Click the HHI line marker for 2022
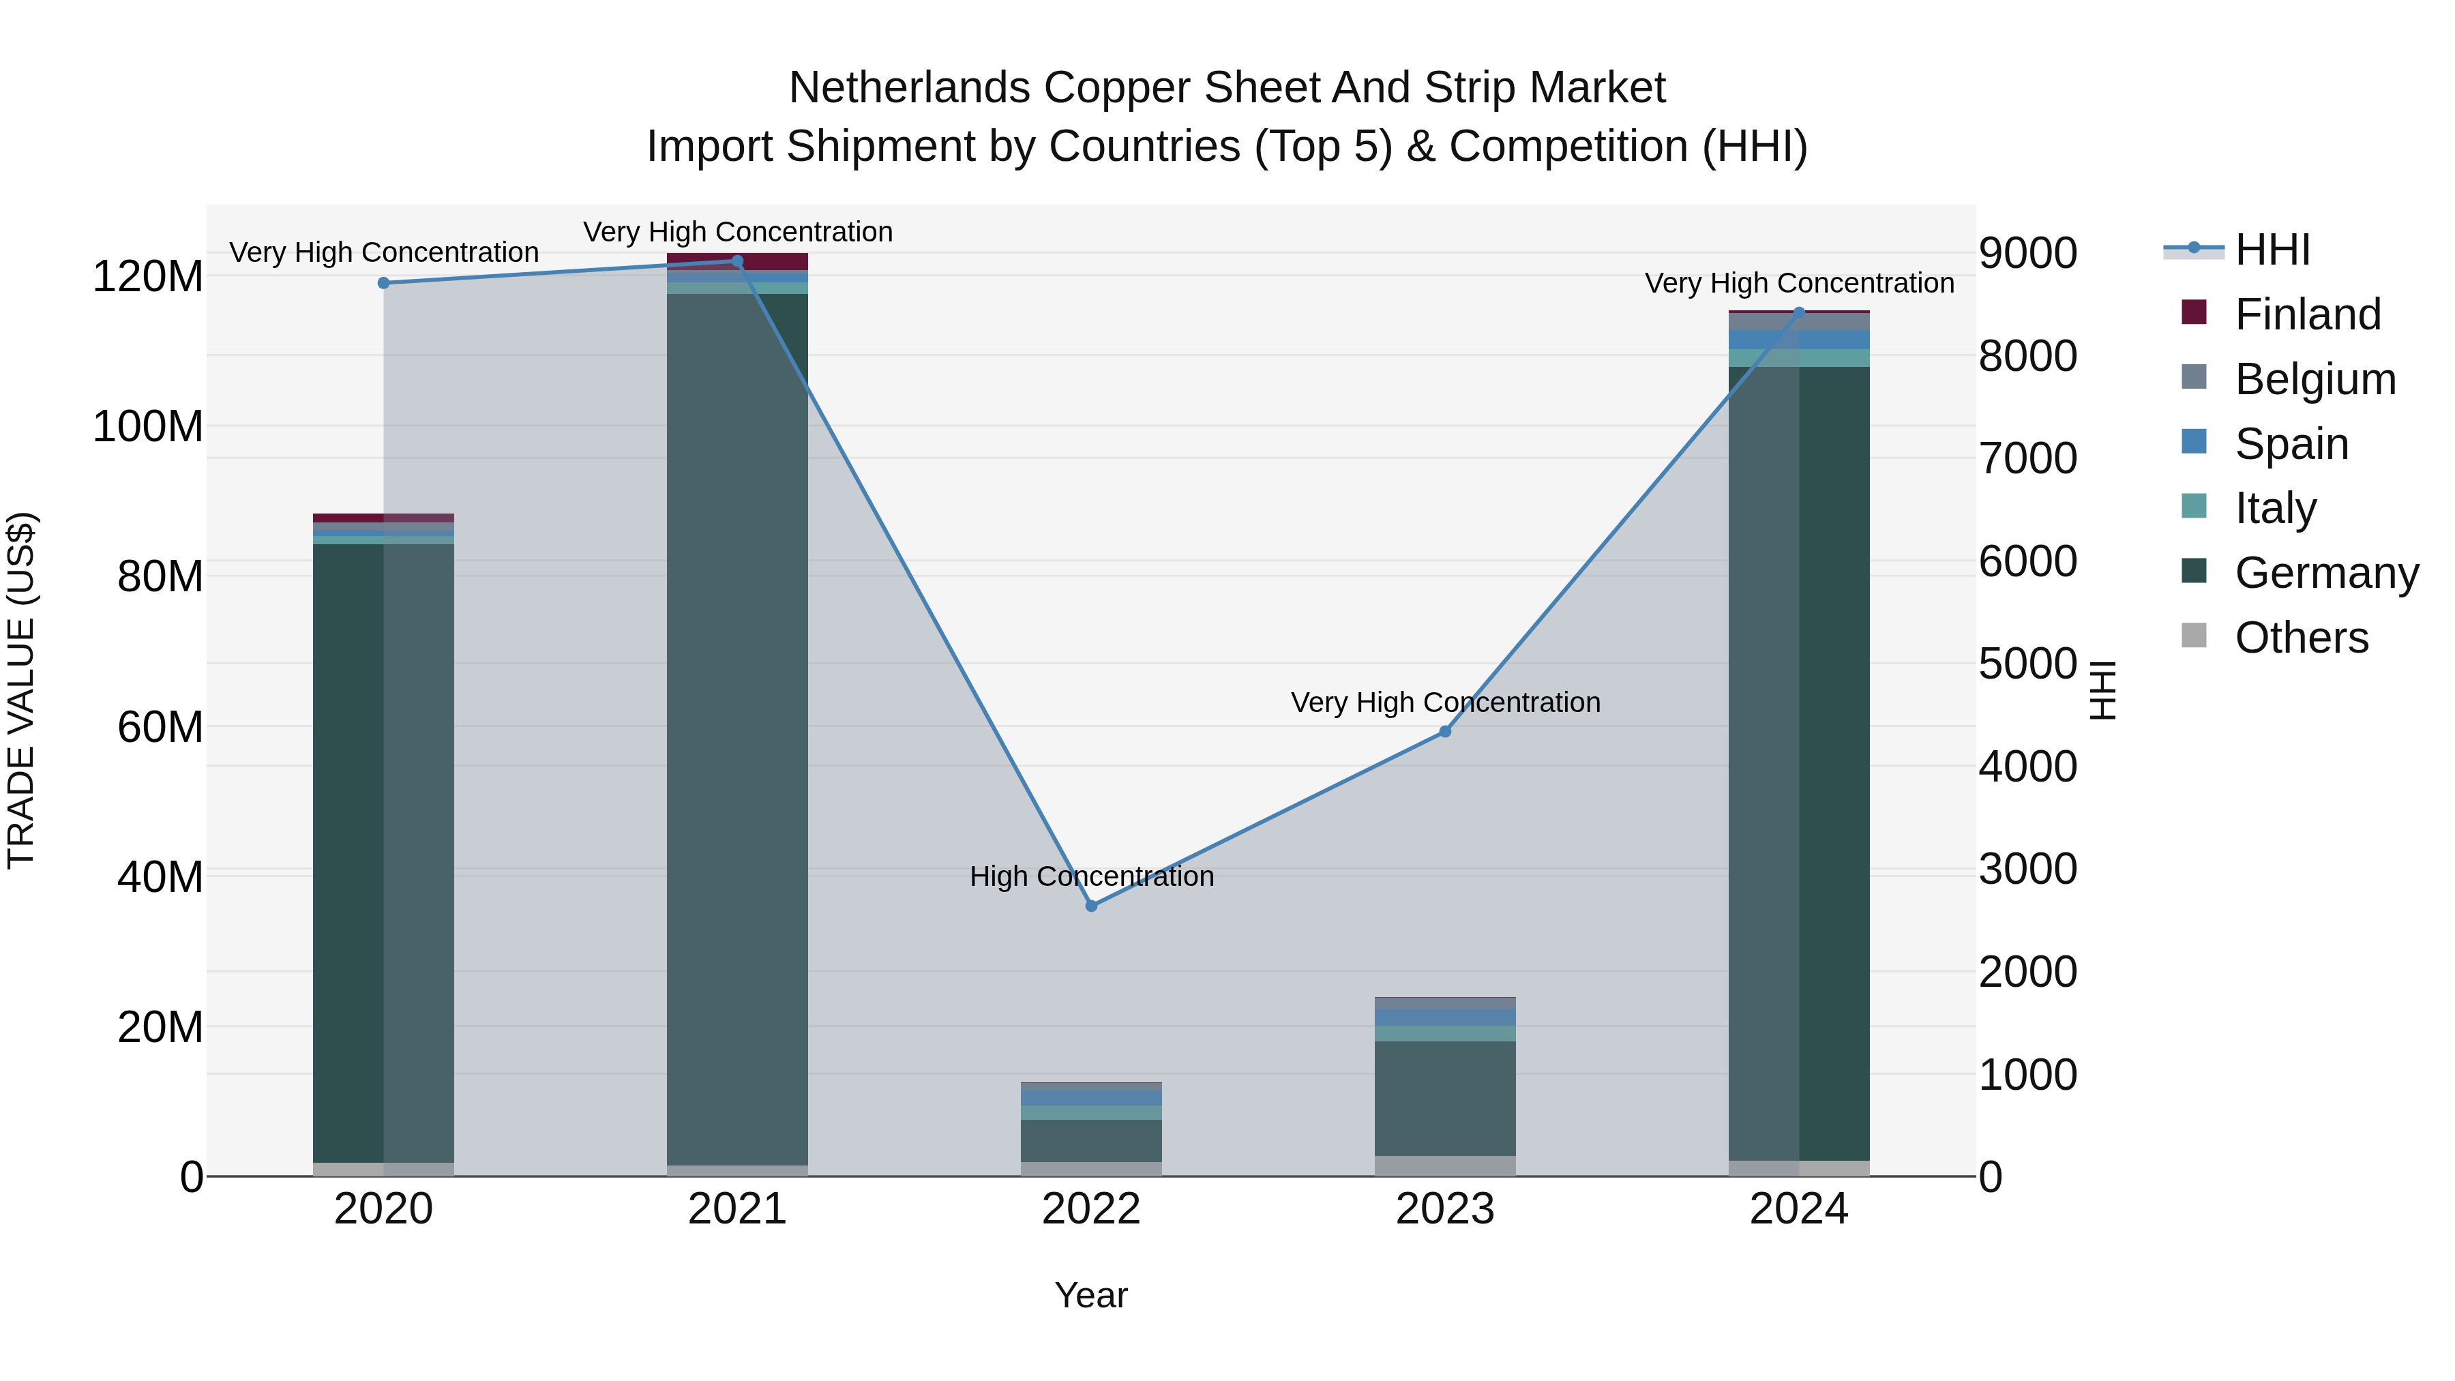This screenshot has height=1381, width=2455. (1091, 906)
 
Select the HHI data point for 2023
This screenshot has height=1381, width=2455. (1445, 731)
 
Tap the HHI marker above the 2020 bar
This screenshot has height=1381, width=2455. (384, 283)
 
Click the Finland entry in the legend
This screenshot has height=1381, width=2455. (2307, 314)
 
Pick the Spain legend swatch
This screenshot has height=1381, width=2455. (2194, 442)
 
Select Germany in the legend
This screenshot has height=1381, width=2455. (2326, 573)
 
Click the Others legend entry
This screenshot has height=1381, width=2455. (2301, 638)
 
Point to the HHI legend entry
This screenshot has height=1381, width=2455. (2272, 250)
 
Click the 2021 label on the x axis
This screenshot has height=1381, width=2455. (736, 1209)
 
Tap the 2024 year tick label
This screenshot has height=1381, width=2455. (1798, 1209)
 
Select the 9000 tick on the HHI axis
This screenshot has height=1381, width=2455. (2028, 254)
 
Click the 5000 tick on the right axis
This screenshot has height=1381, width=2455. (2028, 664)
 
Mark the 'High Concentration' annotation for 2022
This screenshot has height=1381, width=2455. (1091, 876)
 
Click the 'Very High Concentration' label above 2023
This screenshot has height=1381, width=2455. (1445, 702)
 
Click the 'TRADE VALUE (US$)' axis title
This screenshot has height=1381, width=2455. (21, 690)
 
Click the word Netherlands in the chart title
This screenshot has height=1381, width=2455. (909, 88)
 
